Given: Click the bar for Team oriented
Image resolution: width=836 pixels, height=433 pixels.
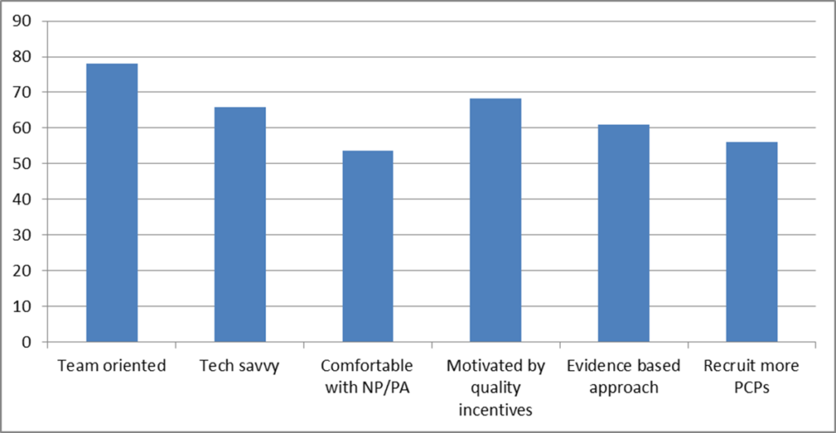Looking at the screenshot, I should (x=112, y=203).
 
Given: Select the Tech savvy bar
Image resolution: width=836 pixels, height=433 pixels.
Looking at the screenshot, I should (x=240, y=224).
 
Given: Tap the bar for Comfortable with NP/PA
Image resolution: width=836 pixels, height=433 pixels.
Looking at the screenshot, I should (x=367, y=246).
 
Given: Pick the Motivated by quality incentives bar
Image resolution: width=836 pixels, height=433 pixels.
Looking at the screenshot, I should (x=496, y=220).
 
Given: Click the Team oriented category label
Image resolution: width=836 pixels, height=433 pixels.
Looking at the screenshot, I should (x=112, y=366).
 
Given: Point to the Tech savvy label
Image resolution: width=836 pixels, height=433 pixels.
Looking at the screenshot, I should (x=240, y=366).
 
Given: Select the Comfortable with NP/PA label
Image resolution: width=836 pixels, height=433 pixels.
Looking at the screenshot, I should (x=367, y=377).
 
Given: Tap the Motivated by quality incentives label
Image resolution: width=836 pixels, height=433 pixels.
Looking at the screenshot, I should (x=496, y=387).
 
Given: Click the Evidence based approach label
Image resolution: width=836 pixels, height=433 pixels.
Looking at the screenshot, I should (x=624, y=377).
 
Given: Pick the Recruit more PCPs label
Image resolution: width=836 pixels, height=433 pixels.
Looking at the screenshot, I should (x=751, y=377).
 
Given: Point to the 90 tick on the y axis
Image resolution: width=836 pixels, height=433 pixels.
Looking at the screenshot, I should (x=33, y=22).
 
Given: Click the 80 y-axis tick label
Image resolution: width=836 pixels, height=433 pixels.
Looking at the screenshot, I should (x=33, y=57).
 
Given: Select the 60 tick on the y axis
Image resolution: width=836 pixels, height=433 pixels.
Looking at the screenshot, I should (x=33, y=128).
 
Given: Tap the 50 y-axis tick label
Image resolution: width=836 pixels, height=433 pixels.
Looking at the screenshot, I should (x=33, y=164).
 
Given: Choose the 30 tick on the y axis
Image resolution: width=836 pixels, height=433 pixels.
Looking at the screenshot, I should (x=33, y=235).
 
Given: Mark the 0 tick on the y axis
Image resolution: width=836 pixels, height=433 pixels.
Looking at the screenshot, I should (x=38, y=341).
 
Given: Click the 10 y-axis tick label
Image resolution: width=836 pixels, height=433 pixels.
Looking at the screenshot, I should (x=33, y=306).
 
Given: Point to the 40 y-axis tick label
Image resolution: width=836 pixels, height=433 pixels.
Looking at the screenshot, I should (x=33, y=199).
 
